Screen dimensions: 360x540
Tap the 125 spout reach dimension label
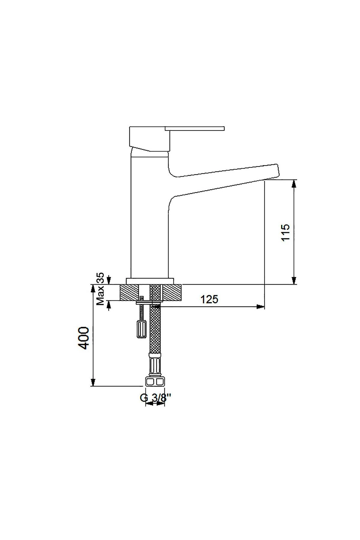tap(209, 299)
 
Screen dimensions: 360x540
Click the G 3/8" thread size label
tap(155, 397)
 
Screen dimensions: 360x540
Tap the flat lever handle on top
tap(194, 128)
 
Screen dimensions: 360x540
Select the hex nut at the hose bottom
tap(155, 381)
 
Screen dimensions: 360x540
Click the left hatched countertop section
tap(129, 292)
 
